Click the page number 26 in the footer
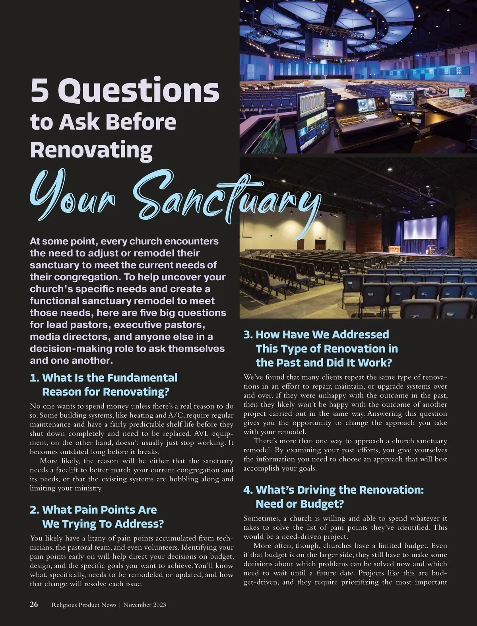point(34,605)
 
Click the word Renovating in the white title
point(91,150)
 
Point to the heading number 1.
point(34,378)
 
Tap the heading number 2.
point(34,510)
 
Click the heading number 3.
point(248,334)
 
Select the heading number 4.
point(248,490)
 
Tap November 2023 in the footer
point(145,605)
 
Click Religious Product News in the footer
point(84,605)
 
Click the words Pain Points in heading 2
point(100,510)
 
